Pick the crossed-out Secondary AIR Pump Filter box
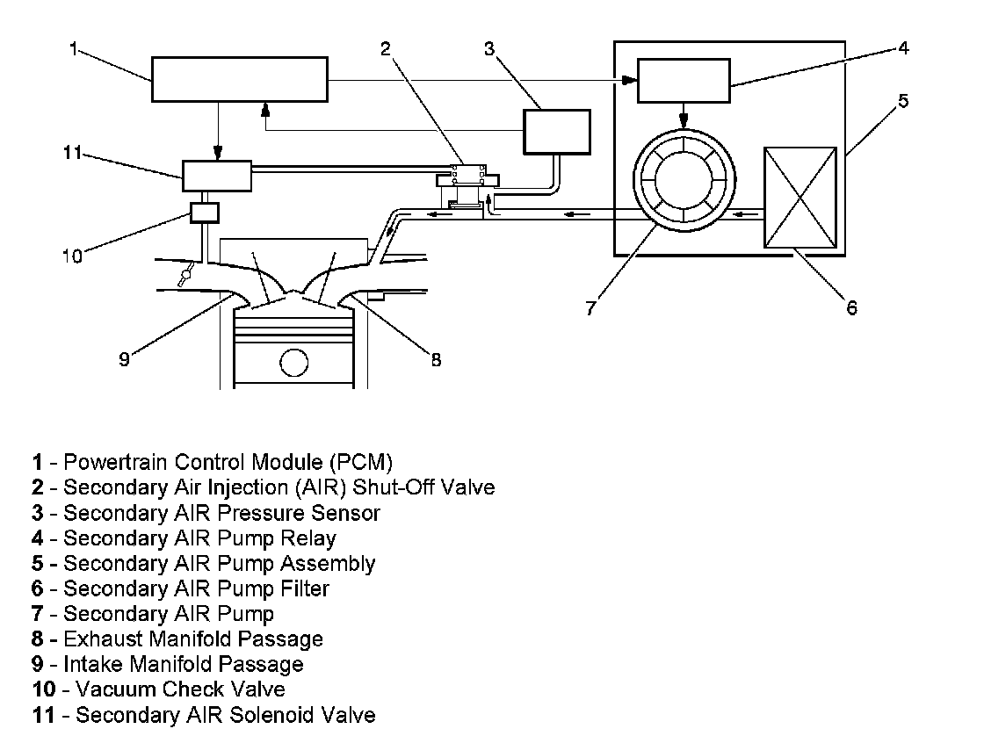pyautogui.click(x=800, y=198)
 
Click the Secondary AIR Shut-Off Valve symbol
pyautogui.click(x=468, y=185)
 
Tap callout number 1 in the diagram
pyautogui.click(x=74, y=48)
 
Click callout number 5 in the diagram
pyautogui.click(x=903, y=100)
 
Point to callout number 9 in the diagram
pyautogui.click(x=124, y=359)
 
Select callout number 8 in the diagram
pyautogui.click(x=436, y=359)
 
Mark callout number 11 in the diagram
pyautogui.click(x=73, y=153)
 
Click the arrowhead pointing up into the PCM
pyautogui.click(x=265, y=110)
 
